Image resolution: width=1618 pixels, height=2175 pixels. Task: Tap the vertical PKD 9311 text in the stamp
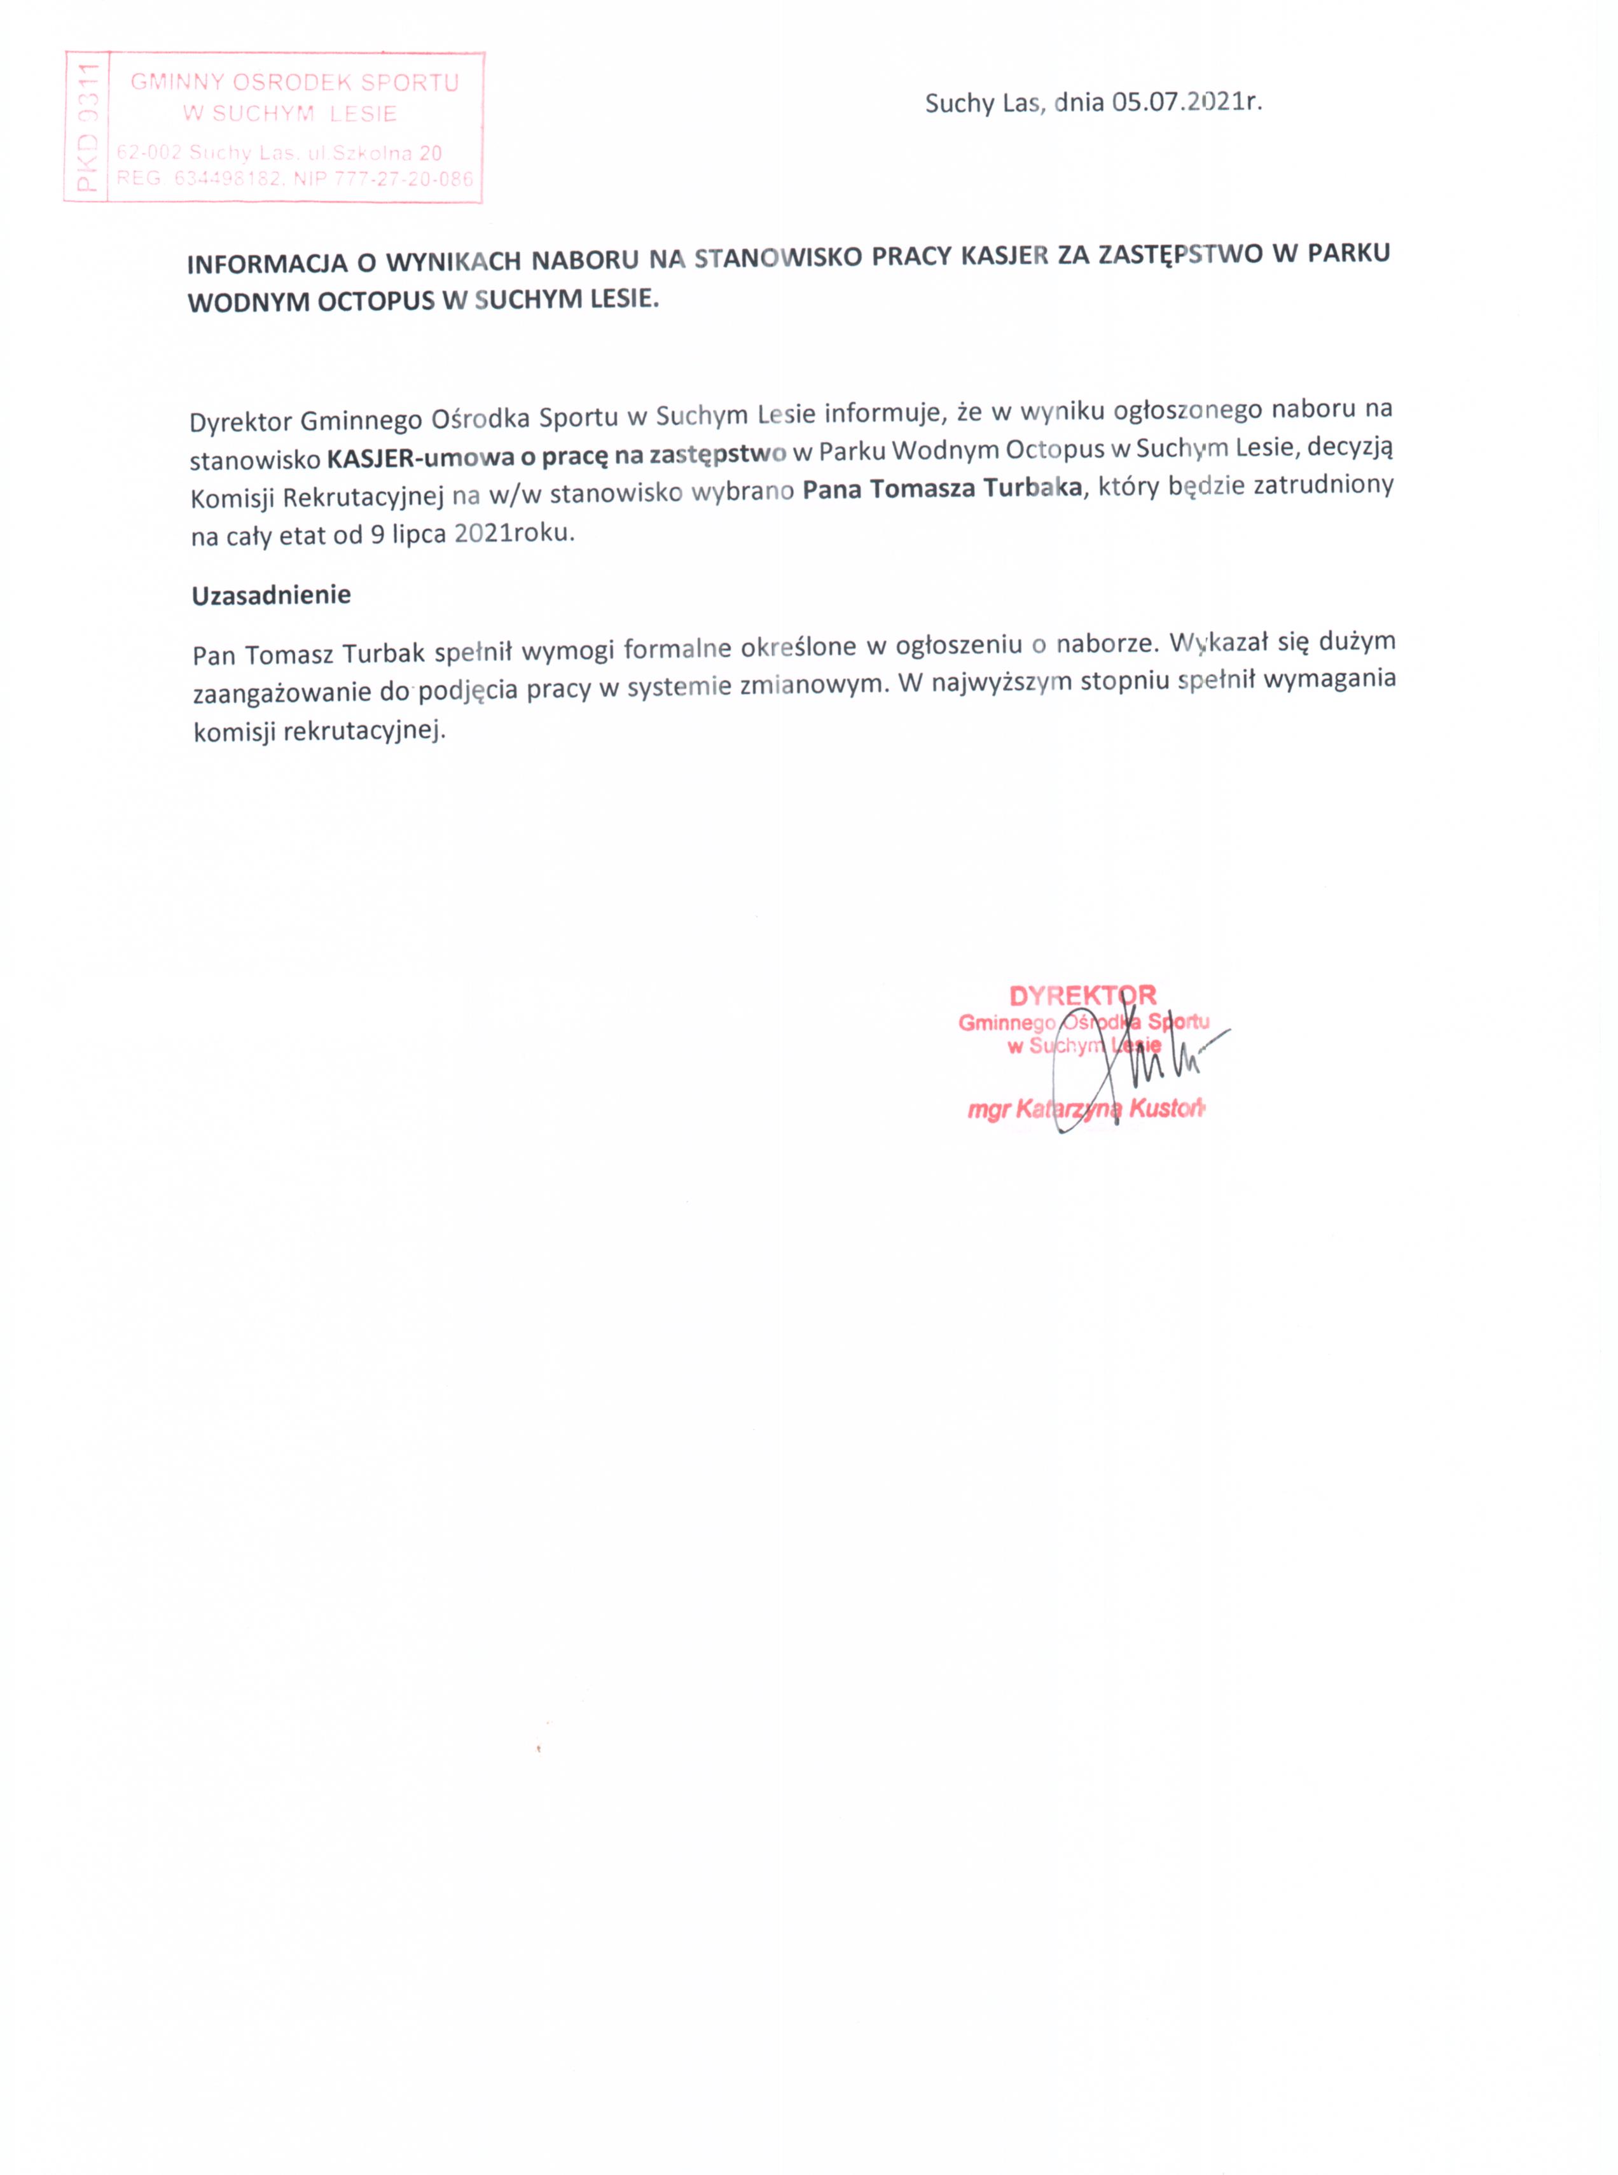[87, 127]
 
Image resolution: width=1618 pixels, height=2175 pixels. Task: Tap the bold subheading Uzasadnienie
[272, 595]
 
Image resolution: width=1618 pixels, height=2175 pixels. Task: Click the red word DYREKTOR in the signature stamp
[1082, 996]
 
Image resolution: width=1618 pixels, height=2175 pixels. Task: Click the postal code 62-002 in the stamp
[149, 153]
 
